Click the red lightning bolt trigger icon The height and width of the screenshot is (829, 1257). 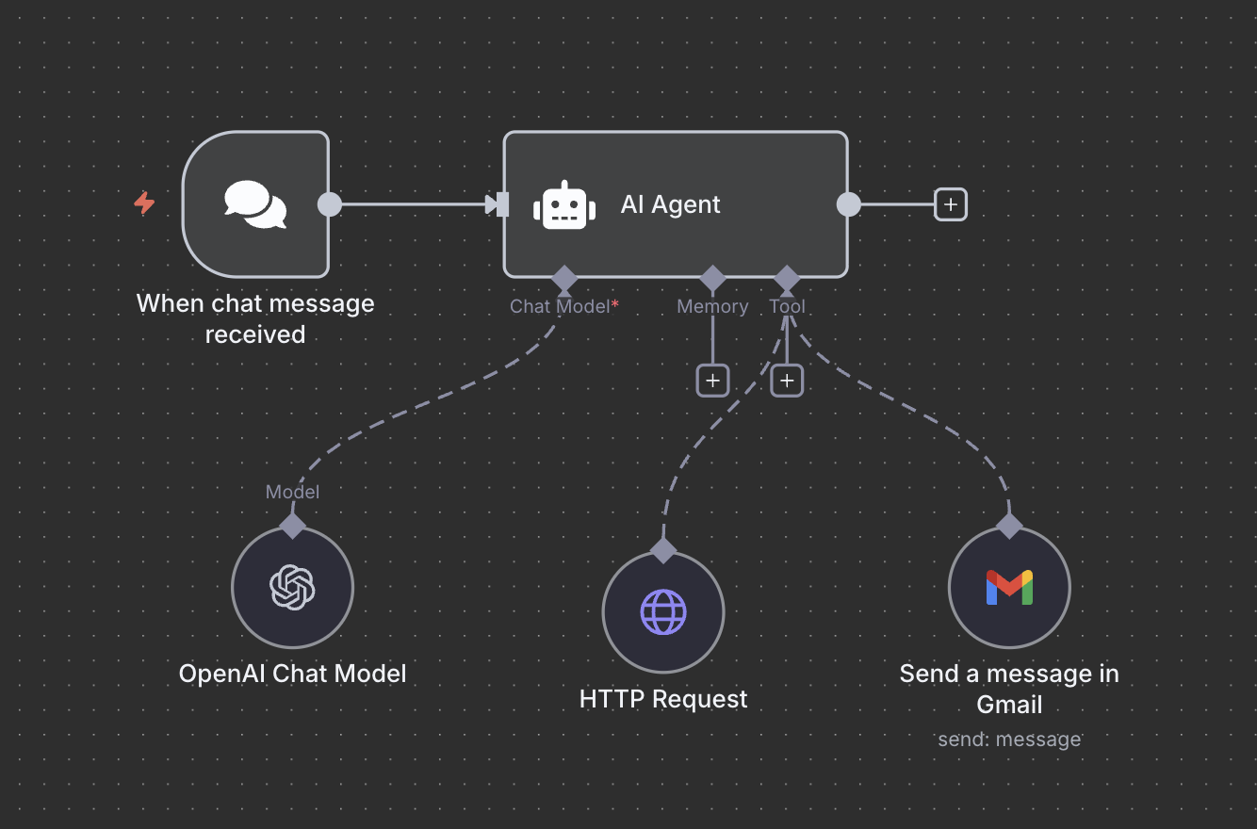144,203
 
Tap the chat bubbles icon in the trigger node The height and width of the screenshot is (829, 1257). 255,204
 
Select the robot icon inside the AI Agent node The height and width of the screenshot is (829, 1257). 563,204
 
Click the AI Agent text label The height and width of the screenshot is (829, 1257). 670,204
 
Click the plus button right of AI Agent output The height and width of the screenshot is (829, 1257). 950,204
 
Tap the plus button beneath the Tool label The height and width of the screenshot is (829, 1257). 787,381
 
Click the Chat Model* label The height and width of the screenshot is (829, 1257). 563,306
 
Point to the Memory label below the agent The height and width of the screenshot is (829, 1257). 712,306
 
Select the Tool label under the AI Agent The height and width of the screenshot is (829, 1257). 787,306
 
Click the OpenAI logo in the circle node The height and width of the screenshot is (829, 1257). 292,587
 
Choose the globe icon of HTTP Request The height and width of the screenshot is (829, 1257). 663,612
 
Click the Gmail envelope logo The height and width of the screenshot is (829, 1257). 1009,587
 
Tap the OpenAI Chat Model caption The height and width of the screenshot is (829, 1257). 292,674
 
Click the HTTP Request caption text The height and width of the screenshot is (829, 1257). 663,699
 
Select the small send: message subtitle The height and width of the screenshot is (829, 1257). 1009,740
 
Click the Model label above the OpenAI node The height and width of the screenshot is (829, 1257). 292,492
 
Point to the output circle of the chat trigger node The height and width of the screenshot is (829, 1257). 330,204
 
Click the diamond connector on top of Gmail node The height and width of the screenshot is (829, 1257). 1009,526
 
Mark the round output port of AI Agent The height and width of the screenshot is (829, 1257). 849,204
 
